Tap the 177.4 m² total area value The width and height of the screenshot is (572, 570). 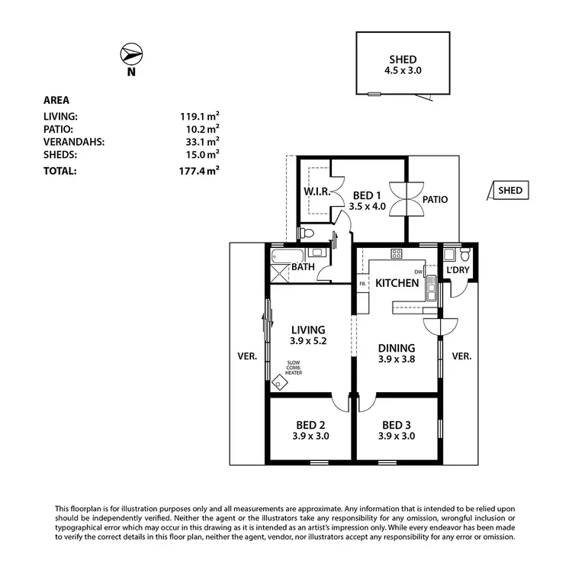click(x=199, y=171)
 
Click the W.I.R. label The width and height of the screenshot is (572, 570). click(x=316, y=192)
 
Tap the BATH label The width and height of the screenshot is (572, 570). click(x=304, y=268)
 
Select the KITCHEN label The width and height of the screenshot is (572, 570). click(x=397, y=283)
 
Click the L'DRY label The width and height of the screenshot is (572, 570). click(x=458, y=270)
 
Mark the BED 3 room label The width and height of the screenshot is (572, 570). click(x=397, y=425)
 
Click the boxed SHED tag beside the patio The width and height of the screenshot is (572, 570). click(x=510, y=191)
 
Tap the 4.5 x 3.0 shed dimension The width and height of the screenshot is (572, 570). click(x=403, y=70)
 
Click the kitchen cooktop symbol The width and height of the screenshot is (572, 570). click(x=397, y=253)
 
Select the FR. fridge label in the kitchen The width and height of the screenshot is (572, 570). click(x=363, y=285)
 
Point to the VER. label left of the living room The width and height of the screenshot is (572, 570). click(x=248, y=356)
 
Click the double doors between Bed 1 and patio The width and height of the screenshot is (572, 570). click(x=407, y=200)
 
